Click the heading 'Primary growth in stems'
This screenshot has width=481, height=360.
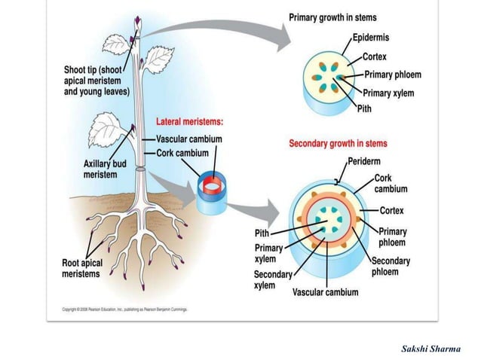tap(333, 17)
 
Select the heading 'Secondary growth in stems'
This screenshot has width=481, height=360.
tap(339, 143)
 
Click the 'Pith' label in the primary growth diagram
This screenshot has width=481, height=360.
tap(364, 108)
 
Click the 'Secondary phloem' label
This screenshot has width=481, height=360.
tap(391, 266)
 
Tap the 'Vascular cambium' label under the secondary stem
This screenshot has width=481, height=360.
tap(325, 292)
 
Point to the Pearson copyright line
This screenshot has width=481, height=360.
tap(124, 309)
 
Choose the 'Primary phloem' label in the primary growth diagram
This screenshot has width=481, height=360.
tap(392, 75)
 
